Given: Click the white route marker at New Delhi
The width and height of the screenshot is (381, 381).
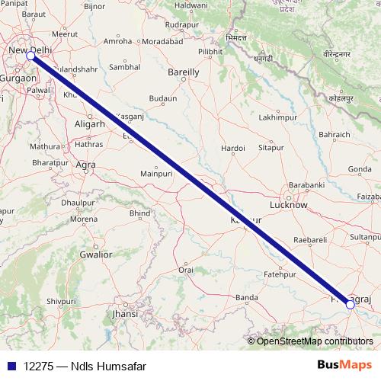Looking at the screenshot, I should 31,56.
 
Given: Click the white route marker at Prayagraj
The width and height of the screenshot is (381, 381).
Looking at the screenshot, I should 350,305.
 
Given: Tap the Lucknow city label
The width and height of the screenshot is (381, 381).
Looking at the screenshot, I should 289,205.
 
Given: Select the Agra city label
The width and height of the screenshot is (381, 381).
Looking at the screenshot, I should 86,164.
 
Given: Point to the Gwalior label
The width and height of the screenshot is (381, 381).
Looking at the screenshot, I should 95,255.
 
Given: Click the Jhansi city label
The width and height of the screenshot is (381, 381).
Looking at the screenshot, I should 125,313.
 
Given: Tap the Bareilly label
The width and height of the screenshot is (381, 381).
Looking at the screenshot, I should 183,72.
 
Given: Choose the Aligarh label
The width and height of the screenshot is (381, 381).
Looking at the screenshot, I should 89,123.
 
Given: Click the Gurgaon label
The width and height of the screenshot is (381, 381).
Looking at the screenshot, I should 17,78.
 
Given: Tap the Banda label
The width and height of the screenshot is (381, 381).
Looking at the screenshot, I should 245,297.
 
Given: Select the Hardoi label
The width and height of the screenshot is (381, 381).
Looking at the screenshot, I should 232,147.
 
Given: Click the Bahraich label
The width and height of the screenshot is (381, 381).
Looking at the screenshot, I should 335,134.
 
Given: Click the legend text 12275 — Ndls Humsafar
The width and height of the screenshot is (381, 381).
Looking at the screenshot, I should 85,366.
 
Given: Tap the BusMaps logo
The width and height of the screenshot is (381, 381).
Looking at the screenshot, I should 344,365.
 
